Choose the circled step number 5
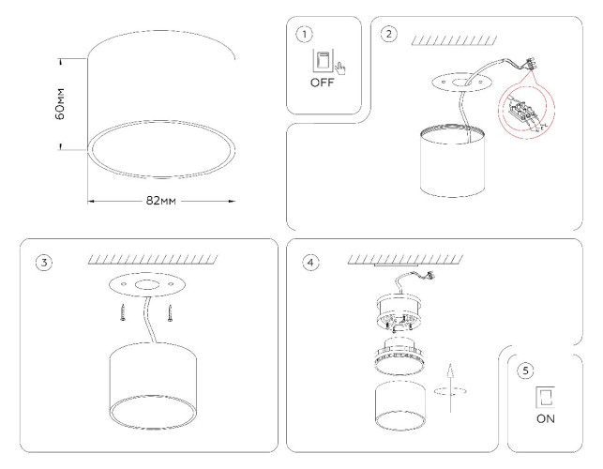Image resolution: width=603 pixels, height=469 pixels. tap(525, 370)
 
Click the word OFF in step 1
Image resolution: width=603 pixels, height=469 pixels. tap(323, 83)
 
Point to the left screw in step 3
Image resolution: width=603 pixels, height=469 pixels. tap(122, 312)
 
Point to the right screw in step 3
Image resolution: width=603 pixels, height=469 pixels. tap(170, 312)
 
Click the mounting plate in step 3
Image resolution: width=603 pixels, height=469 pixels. tap(145, 285)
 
